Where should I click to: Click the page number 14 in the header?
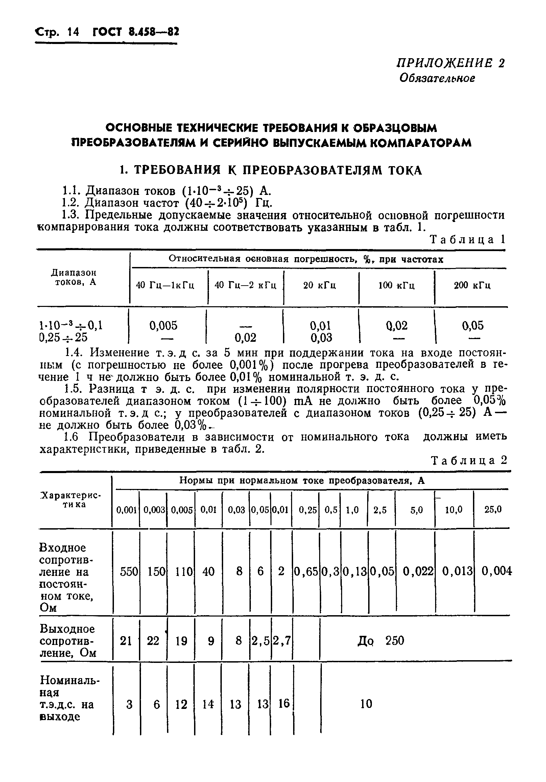[73, 32]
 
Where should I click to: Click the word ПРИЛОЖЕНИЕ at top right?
[444, 63]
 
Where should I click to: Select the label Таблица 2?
[469, 460]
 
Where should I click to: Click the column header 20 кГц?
[319, 285]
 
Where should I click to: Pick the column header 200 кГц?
[472, 285]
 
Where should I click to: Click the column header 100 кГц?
[396, 285]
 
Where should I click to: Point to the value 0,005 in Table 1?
[163, 326]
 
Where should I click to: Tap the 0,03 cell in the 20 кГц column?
[321, 338]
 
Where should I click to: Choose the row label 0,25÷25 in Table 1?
[63, 337]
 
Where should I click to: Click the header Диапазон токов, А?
[74, 277]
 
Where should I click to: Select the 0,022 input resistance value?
[418, 571]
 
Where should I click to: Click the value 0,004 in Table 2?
[496, 571]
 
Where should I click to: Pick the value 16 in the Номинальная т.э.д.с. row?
[284, 703]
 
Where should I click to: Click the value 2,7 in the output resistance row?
[282, 641]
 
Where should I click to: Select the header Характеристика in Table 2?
[71, 500]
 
